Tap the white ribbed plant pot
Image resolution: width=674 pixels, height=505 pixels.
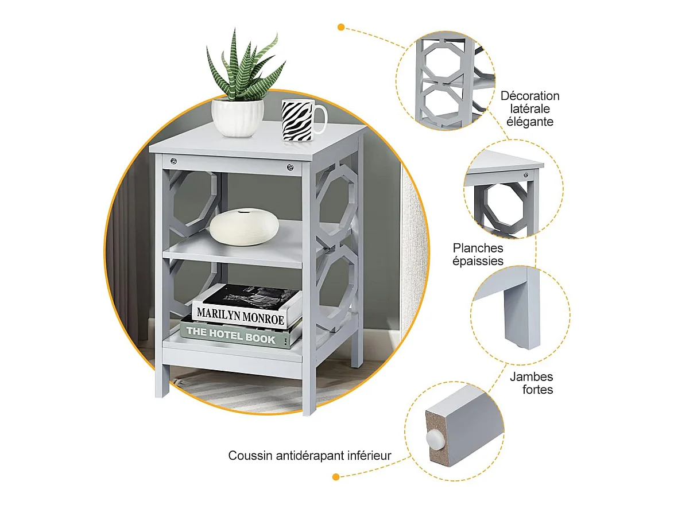[x=238, y=117]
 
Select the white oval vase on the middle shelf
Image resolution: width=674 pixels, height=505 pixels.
[x=244, y=227]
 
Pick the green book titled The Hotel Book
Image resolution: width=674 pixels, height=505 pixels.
[x=240, y=335]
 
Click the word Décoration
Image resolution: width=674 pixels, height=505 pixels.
[x=530, y=96]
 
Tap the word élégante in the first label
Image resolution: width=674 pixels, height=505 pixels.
[x=530, y=122]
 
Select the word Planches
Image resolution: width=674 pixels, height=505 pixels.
[x=478, y=248]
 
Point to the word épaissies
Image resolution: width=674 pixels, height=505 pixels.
[x=478, y=261]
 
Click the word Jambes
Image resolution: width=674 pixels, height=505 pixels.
[x=531, y=377]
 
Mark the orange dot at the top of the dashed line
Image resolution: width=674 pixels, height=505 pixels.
[x=341, y=27]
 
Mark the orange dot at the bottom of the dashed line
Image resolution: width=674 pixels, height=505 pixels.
[x=336, y=476]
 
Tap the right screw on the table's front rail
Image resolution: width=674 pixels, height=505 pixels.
[x=290, y=168]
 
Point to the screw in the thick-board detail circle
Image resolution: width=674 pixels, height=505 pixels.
[x=525, y=174]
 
